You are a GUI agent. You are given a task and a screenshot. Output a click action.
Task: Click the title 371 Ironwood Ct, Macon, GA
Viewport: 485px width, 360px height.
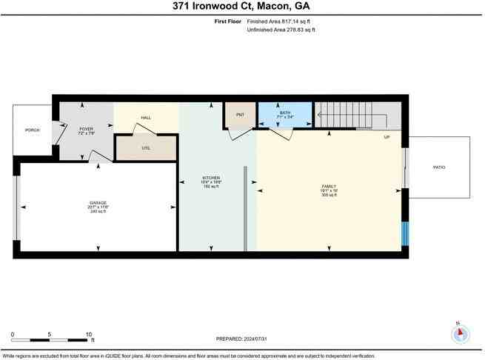[242, 7]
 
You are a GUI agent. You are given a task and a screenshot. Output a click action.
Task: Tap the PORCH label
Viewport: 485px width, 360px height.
[32, 130]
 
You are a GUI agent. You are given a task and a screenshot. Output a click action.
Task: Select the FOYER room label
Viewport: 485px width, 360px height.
[87, 129]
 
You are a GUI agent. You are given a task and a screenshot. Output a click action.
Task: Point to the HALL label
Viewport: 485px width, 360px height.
[146, 117]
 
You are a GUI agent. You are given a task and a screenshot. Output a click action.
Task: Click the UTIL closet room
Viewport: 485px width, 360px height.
[146, 147]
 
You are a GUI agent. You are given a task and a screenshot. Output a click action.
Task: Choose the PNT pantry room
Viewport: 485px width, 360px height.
[240, 115]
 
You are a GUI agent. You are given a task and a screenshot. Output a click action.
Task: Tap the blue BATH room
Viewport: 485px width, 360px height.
[285, 115]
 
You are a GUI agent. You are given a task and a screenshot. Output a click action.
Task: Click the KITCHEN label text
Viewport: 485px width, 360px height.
[212, 178]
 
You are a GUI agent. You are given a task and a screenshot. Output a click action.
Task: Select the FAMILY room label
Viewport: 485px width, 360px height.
[328, 187]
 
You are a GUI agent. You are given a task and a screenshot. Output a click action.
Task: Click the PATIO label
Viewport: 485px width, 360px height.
[439, 167]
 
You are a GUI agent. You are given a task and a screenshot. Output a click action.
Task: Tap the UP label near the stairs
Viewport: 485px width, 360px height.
[387, 138]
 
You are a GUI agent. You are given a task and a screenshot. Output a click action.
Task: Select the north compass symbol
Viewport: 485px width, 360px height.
[460, 334]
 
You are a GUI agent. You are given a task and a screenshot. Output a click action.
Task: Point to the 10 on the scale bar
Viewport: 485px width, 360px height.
[89, 333]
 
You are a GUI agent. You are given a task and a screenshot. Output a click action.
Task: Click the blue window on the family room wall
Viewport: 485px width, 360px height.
[404, 234]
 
